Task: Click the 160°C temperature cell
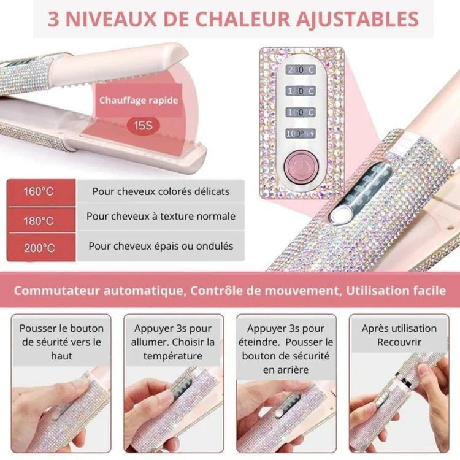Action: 39,191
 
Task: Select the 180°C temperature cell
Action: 39,220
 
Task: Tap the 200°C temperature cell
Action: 39,248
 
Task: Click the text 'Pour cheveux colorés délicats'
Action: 161,191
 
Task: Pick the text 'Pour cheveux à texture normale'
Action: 161,217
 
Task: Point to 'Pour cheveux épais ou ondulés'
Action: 161,246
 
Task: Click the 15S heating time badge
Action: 139,126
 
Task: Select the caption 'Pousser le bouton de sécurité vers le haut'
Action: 62,342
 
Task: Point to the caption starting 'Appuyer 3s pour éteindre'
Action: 286,349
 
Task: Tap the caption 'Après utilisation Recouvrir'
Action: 399,335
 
